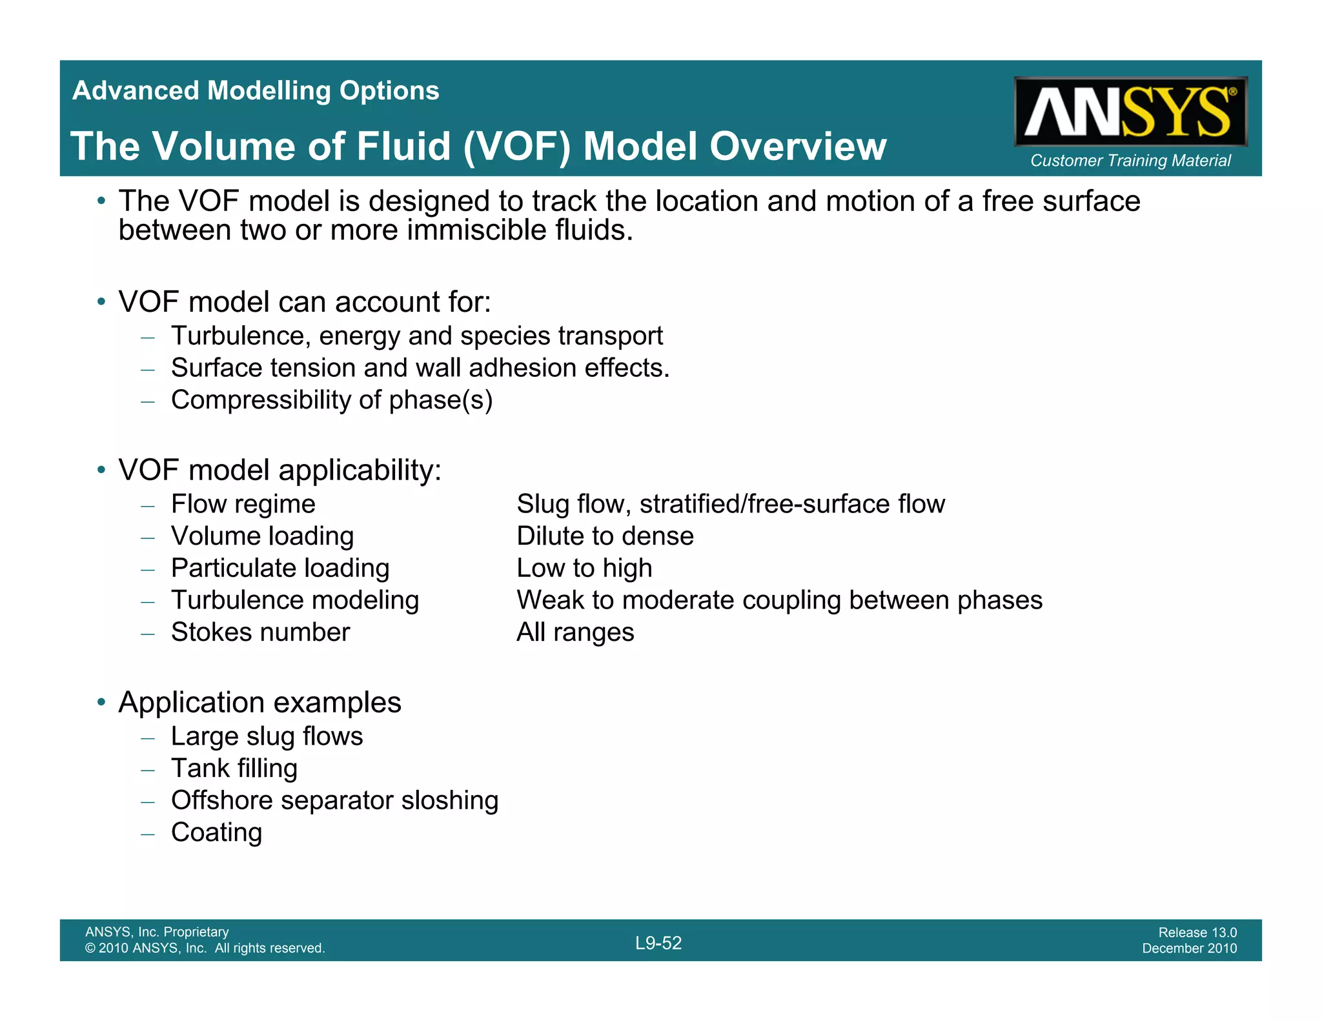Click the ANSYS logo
(x=1130, y=112)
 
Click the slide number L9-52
(x=658, y=943)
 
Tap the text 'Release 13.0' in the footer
(x=1197, y=932)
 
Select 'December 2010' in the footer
(x=1189, y=948)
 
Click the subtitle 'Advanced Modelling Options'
(x=256, y=90)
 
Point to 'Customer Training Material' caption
(x=1130, y=160)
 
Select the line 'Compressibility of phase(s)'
(x=331, y=400)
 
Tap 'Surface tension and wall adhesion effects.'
(x=420, y=368)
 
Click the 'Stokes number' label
(x=260, y=632)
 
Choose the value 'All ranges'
(x=575, y=632)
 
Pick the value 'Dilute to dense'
(x=605, y=536)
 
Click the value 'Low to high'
(x=584, y=568)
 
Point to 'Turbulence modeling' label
(x=294, y=600)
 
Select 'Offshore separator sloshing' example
(x=334, y=800)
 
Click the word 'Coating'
(x=216, y=833)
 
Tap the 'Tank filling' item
(x=234, y=768)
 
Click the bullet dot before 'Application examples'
(x=101, y=702)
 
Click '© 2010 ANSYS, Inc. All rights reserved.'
(x=205, y=948)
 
